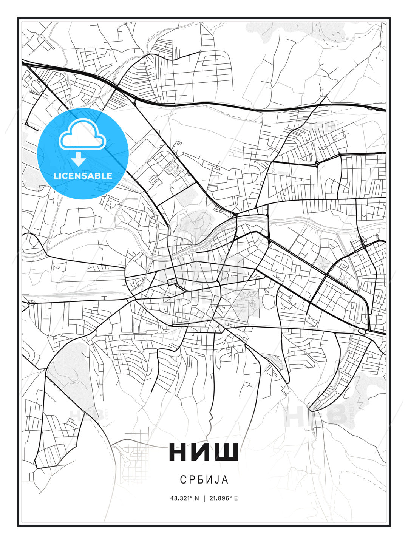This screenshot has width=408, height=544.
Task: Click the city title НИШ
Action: [204, 452]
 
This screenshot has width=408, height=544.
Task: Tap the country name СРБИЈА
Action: [204, 480]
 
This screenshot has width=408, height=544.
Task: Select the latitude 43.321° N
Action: [184, 498]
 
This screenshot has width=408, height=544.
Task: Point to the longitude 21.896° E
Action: [223, 498]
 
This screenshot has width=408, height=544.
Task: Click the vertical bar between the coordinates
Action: [204, 498]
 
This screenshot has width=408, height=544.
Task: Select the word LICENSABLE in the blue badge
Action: [83, 176]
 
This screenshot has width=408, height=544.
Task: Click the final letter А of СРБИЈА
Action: [225, 480]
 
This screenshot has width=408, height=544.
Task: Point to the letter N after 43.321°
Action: [196, 498]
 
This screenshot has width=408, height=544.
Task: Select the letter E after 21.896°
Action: [236, 498]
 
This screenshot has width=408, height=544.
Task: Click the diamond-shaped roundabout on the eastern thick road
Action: [317, 164]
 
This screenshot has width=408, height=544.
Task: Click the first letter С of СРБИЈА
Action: [183, 480]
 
